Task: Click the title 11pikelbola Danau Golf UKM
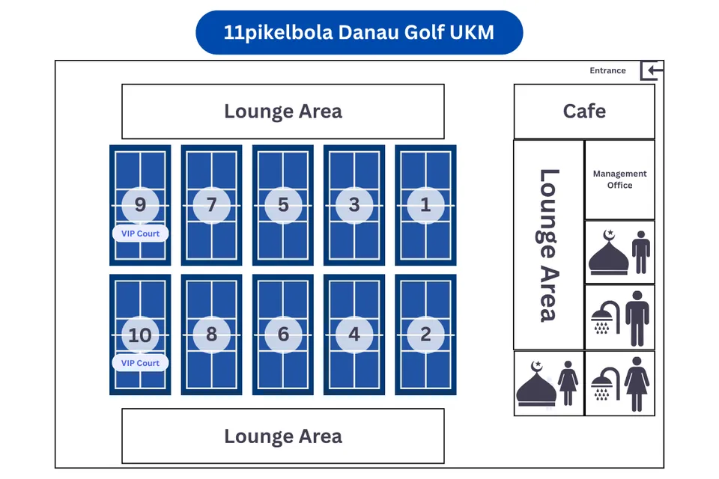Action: pyautogui.click(x=359, y=32)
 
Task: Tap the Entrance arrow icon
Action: pyautogui.click(x=652, y=71)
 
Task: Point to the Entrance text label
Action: pyautogui.click(x=607, y=70)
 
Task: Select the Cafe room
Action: pyautogui.click(x=584, y=112)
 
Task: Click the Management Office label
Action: pyautogui.click(x=619, y=180)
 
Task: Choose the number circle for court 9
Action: pyautogui.click(x=140, y=205)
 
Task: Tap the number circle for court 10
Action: pyautogui.click(x=140, y=335)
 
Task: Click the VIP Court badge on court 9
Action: pyautogui.click(x=140, y=234)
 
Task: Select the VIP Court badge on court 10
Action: pyautogui.click(x=140, y=363)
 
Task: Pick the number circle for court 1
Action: pyautogui.click(x=425, y=205)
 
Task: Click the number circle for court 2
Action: pyautogui.click(x=425, y=335)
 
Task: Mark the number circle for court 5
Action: pyautogui.click(x=283, y=205)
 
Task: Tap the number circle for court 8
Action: pyautogui.click(x=211, y=335)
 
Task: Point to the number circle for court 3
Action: pyautogui.click(x=354, y=205)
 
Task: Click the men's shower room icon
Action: pyautogui.click(x=619, y=318)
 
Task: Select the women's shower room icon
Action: pyautogui.click(x=619, y=383)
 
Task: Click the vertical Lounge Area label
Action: pyautogui.click(x=549, y=245)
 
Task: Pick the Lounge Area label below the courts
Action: pyautogui.click(x=283, y=436)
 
